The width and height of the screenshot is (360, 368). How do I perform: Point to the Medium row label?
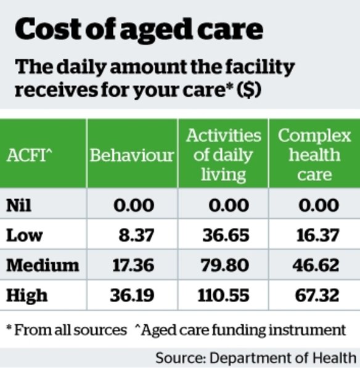pyautogui.click(x=43, y=265)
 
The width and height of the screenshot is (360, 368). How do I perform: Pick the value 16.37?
pyautogui.click(x=318, y=235)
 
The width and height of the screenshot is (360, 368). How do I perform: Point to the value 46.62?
pyautogui.click(x=318, y=265)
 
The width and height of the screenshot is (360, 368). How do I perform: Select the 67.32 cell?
pyautogui.click(x=318, y=295)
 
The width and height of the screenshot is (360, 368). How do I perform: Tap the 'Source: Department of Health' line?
pyautogui.click(x=256, y=358)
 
